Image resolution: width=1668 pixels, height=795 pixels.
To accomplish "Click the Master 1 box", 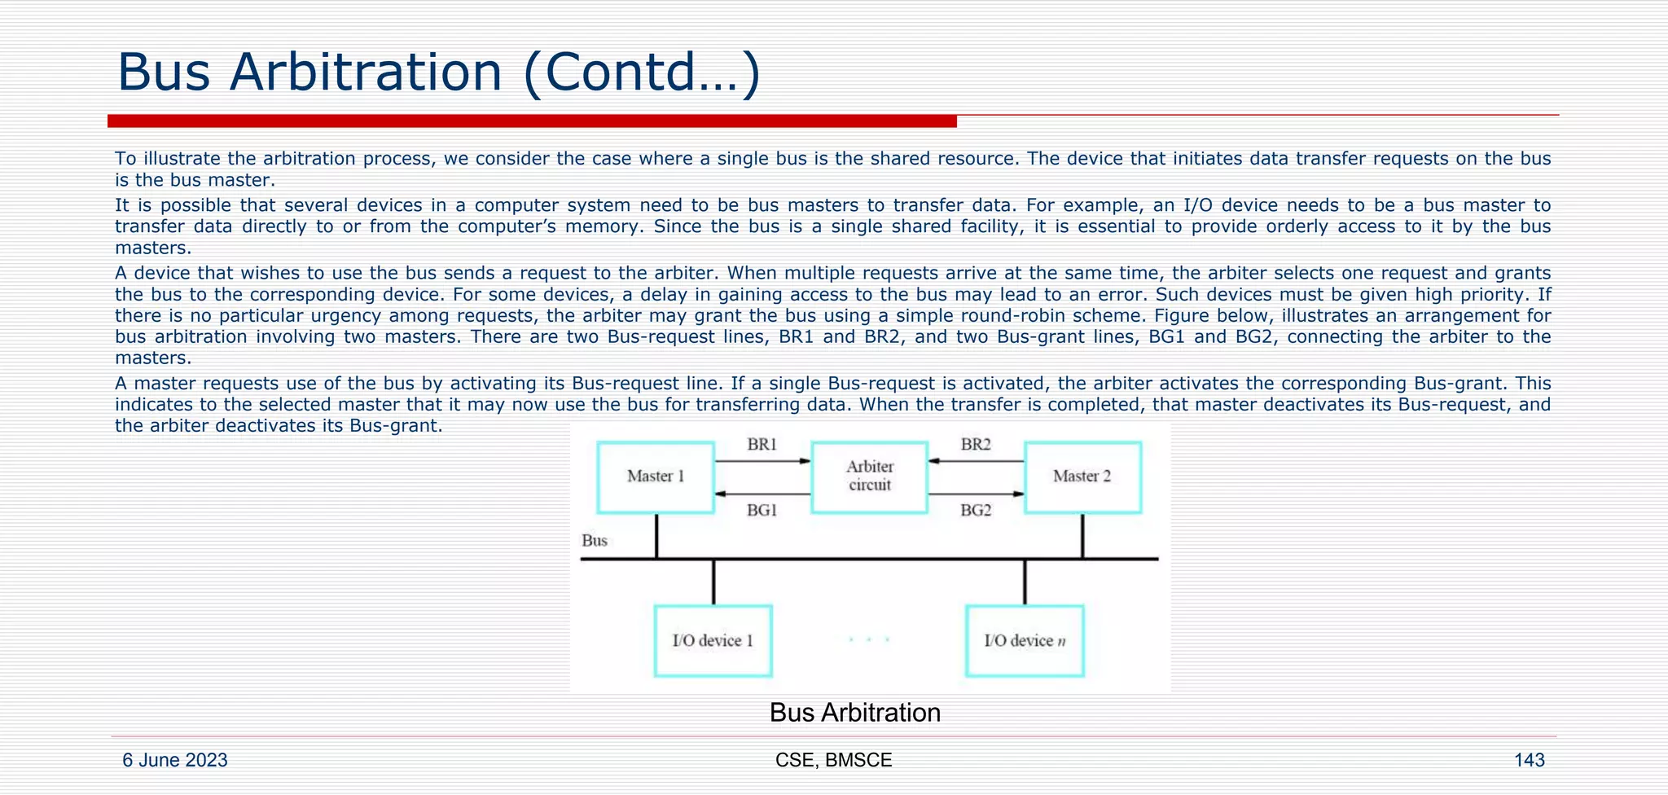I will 656,477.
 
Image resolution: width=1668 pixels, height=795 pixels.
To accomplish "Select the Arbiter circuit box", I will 870,477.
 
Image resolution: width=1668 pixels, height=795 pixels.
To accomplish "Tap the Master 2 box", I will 1082,477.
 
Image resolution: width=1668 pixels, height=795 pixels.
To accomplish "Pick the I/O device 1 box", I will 713,641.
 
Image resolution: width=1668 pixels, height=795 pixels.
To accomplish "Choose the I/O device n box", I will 1025,641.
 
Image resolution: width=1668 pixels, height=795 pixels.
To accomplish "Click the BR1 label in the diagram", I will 762,445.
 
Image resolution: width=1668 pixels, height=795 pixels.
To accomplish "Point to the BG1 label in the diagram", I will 762,511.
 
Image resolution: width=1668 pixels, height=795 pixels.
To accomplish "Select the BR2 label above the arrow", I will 976,445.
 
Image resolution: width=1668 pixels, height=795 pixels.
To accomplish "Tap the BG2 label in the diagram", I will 976,511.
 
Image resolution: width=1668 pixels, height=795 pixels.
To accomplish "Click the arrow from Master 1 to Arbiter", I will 762,461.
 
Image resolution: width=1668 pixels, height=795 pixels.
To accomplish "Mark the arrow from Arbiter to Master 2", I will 976,494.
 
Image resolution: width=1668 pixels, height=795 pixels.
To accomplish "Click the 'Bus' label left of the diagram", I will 595,541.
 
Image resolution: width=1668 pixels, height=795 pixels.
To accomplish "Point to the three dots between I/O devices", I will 868,640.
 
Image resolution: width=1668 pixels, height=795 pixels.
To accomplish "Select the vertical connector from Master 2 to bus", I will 1082,536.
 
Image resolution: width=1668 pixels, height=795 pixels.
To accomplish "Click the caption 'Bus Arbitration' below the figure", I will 854,713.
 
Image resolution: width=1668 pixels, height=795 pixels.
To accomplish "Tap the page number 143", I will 1529,760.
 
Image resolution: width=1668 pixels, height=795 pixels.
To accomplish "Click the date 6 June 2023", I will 175,760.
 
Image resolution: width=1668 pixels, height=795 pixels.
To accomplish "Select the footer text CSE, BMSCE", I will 833,760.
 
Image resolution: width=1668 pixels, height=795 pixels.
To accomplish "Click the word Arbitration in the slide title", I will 366,72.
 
